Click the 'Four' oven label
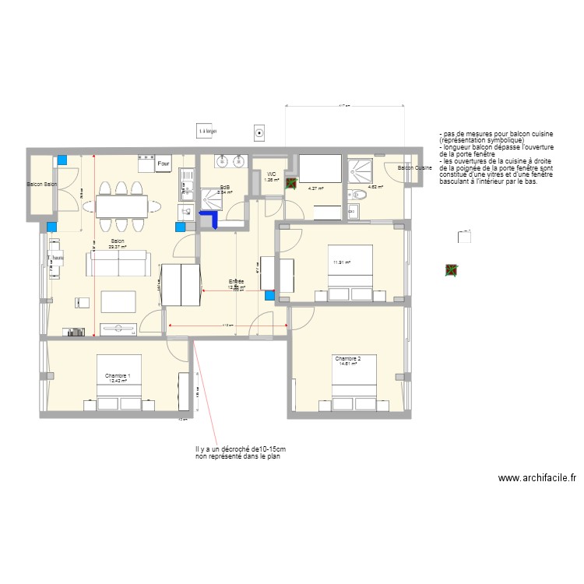(x=164, y=165)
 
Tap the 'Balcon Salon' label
(x=42, y=185)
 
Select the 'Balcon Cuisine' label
(x=414, y=168)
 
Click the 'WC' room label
(x=272, y=174)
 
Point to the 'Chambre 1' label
(x=118, y=376)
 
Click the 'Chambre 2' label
(x=347, y=358)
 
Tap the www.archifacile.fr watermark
(x=537, y=479)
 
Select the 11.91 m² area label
(x=342, y=262)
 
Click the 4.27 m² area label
(x=315, y=188)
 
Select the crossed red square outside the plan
(x=451, y=270)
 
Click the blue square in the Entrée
(x=269, y=296)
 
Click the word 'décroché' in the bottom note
(x=234, y=449)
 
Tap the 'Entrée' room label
(x=236, y=281)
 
